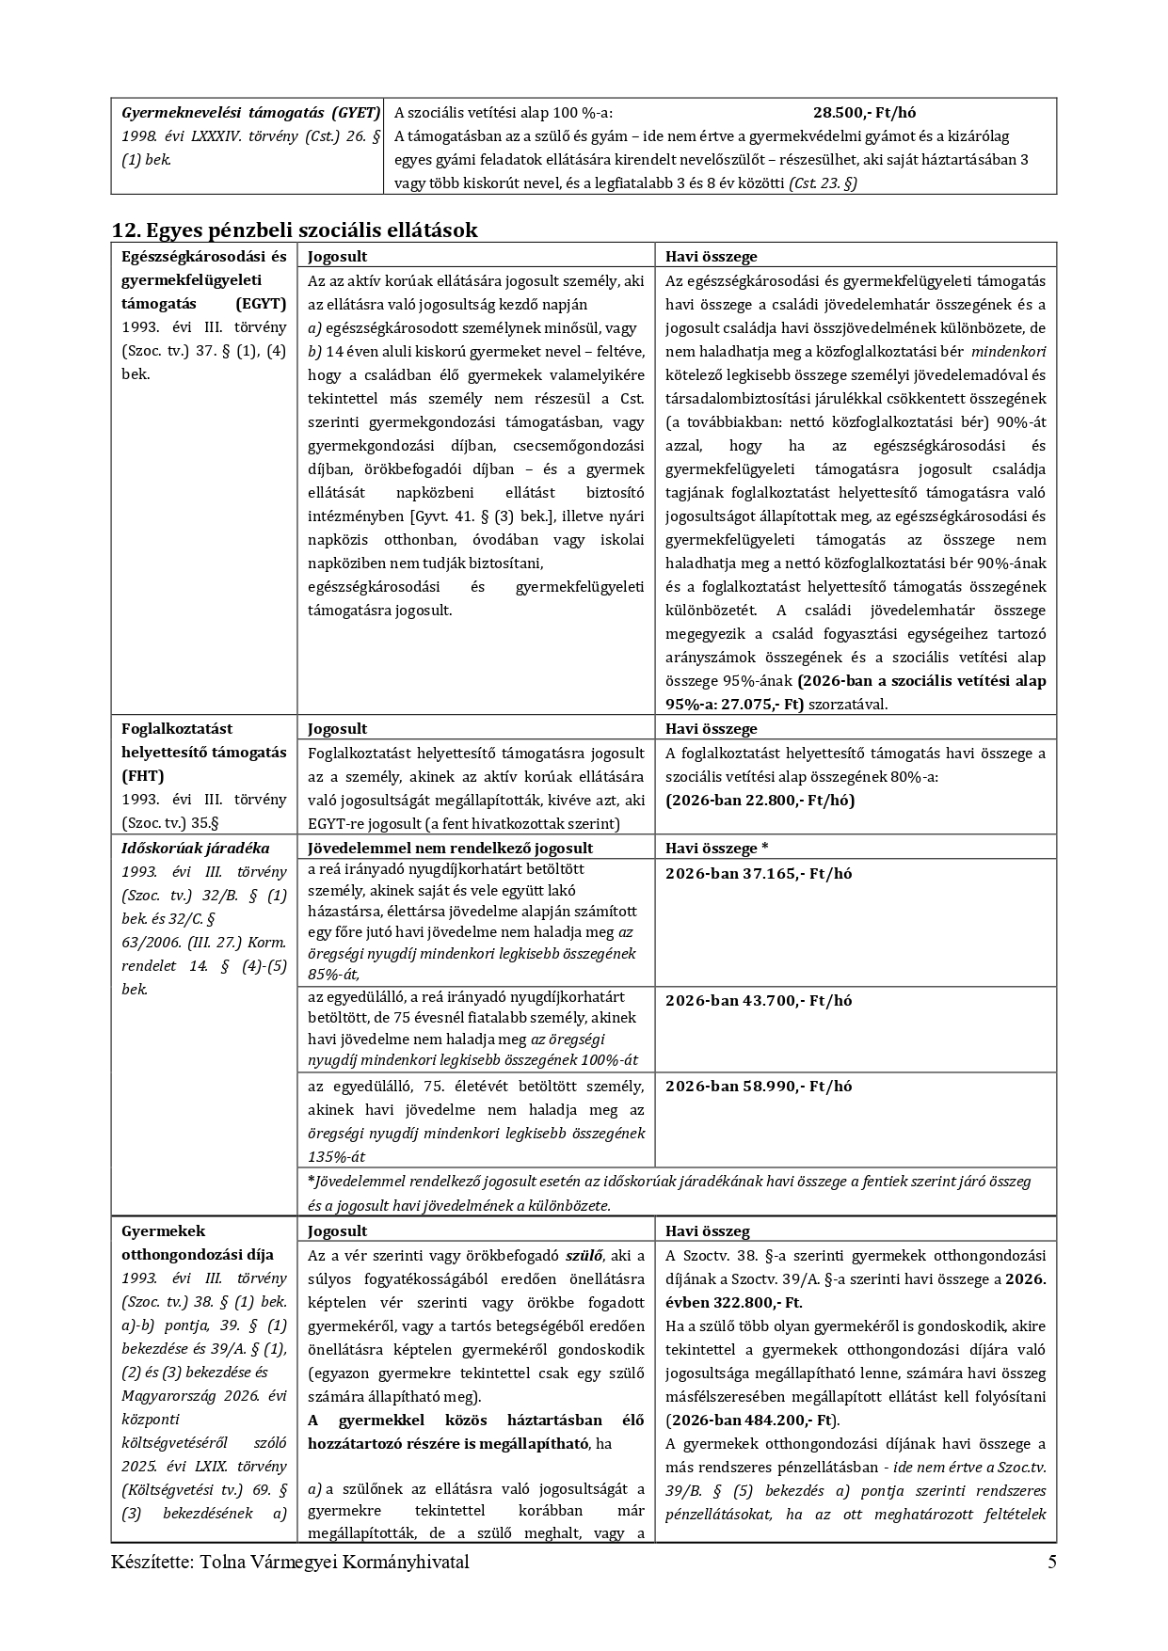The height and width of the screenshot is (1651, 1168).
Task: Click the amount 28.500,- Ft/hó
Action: click(864, 113)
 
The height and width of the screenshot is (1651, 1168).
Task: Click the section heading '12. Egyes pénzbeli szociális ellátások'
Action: click(295, 230)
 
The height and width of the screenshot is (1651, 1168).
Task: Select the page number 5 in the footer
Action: click(1051, 1563)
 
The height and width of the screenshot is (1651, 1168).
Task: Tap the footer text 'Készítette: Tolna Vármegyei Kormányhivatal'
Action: click(290, 1563)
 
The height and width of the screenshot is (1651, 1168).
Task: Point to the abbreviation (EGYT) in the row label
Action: click(262, 304)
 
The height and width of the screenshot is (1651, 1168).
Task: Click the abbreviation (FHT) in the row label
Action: click(142, 775)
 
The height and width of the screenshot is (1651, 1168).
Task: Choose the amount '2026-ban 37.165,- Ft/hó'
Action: click(759, 873)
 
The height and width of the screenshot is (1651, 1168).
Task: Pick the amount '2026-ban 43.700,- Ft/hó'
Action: click(759, 1000)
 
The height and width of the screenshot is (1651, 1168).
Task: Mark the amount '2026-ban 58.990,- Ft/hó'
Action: click(759, 1086)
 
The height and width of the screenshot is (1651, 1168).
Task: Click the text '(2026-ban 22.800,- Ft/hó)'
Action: click(760, 800)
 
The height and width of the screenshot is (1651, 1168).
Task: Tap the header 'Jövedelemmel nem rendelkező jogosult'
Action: click(450, 848)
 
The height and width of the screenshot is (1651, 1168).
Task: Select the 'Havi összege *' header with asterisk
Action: click(717, 848)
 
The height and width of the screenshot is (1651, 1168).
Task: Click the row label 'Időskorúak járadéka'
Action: click(196, 848)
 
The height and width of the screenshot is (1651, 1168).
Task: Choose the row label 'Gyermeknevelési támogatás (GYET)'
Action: click(250, 113)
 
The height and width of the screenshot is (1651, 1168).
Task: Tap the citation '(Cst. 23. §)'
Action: click(823, 183)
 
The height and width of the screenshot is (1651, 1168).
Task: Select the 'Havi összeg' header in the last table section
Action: click(707, 1230)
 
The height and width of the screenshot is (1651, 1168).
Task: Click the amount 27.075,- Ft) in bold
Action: click(760, 704)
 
